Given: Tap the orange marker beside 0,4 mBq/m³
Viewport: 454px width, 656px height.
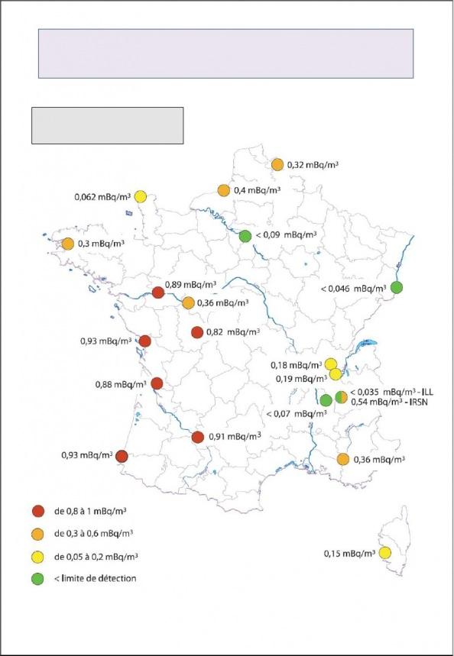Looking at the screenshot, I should [224, 190].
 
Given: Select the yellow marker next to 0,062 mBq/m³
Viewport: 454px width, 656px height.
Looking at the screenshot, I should [141, 197].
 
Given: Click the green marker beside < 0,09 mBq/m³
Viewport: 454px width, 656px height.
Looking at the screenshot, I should [245, 237].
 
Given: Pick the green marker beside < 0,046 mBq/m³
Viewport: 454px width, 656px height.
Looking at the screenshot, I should [397, 287].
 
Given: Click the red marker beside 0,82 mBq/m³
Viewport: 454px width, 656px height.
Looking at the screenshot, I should [196, 332].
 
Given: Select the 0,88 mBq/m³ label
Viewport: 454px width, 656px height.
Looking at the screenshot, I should [120, 384].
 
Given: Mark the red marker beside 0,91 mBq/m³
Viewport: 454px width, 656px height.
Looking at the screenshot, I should [198, 437].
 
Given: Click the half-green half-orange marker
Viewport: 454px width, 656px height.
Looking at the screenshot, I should [341, 396].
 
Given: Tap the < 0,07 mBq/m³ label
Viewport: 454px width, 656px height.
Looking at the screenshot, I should [301, 414].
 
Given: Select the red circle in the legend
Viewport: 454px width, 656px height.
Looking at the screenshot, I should [35, 512].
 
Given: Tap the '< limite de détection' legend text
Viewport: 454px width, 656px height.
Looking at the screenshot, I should [96, 578].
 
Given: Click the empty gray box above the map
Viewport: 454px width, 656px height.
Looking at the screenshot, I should [107, 125].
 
